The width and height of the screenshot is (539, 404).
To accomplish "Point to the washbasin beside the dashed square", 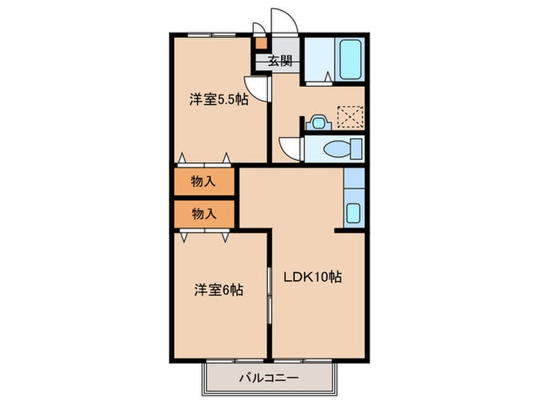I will pos(318,122).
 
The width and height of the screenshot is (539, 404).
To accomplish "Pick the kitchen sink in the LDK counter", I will pos(354,212).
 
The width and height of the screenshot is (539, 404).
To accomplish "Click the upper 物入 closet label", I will pos(203,182).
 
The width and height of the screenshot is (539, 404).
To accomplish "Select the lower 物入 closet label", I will pos(203,214).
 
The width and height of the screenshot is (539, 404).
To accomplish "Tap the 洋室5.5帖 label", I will pos(219,99).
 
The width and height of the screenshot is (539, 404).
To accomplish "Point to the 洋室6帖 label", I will pos(219,290).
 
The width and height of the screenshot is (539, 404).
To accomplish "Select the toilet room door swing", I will pos(291,147).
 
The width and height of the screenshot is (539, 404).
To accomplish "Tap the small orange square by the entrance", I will pos(261,44).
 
